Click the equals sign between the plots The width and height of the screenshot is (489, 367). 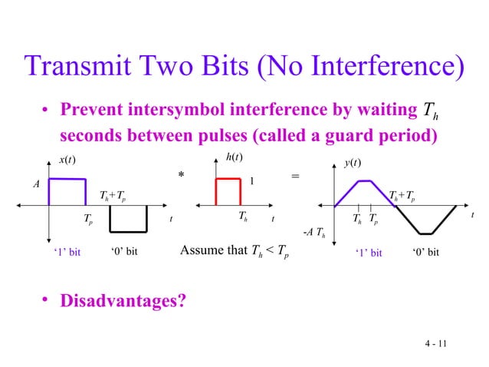click(296, 177)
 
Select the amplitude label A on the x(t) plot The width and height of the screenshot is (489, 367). click(35, 185)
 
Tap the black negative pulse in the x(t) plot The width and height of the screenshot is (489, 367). click(127, 219)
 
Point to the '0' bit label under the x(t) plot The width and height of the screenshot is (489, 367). click(123, 252)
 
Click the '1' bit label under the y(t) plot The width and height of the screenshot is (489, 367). click(367, 252)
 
